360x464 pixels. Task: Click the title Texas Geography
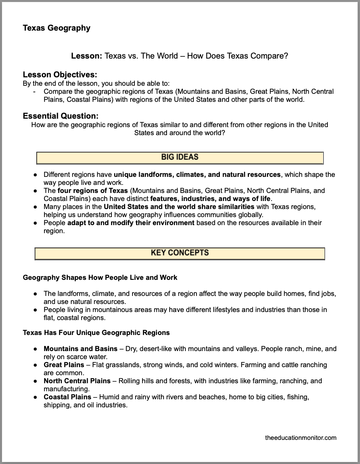coord(57,28)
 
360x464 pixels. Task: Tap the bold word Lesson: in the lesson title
coord(87,56)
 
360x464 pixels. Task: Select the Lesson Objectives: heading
coord(60,75)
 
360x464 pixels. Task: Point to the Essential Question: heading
coord(61,116)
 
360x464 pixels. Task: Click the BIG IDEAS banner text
coord(180,157)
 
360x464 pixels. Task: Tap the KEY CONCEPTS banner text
coord(180,253)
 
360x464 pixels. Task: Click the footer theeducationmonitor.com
coord(301,438)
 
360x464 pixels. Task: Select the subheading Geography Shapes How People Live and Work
coord(100,277)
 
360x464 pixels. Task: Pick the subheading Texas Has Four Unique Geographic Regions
coord(96,332)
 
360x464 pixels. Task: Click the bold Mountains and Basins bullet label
coord(80,349)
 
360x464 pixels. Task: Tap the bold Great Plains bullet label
coord(64,365)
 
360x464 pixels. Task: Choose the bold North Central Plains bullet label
coord(77,381)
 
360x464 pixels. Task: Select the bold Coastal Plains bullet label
coord(67,397)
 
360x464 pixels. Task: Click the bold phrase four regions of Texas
coord(93,191)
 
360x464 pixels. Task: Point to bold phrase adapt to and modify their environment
coord(131,223)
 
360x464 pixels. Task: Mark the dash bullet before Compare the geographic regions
coord(35,91)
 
